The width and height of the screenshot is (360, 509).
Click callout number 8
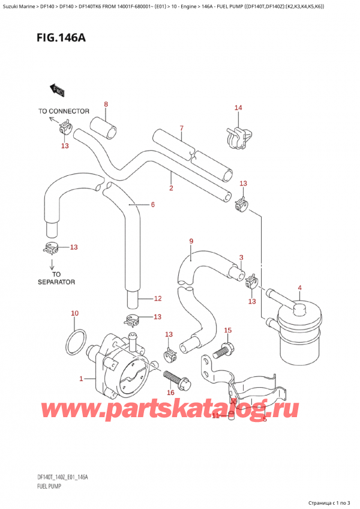(106, 104)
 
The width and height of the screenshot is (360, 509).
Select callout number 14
(238, 108)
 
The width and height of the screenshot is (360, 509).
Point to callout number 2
(171, 188)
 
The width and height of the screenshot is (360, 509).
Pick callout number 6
(152, 205)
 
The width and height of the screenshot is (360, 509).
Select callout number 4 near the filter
(299, 288)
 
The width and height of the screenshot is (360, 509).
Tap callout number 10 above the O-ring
(74, 313)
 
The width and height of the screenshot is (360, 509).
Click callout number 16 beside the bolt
(170, 393)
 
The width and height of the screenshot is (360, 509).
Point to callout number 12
(158, 298)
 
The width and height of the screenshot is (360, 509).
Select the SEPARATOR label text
(56, 281)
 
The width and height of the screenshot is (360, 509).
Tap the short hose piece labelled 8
(103, 127)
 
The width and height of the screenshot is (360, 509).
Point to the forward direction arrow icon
(57, 89)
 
